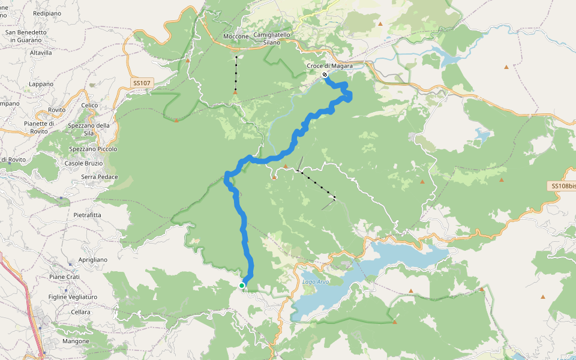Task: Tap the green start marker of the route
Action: pos(242,286)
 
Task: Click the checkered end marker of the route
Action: pos(325,75)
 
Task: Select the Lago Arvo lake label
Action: pos(316,282)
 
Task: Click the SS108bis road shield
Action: pos(563,186)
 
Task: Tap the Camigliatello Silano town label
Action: pos(272,38)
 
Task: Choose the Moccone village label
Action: pos(235,37)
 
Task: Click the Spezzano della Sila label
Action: pos(89,129)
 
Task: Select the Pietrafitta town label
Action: pos(87,214)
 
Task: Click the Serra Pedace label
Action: pos(100,177)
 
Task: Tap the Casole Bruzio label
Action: pos(83,163)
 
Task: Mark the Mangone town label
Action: pos(76,341)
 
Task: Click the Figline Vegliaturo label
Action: pos(73,297)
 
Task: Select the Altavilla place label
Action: pos(41,53)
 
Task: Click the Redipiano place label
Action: pos(47,13)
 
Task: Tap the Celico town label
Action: pos(89,106)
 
